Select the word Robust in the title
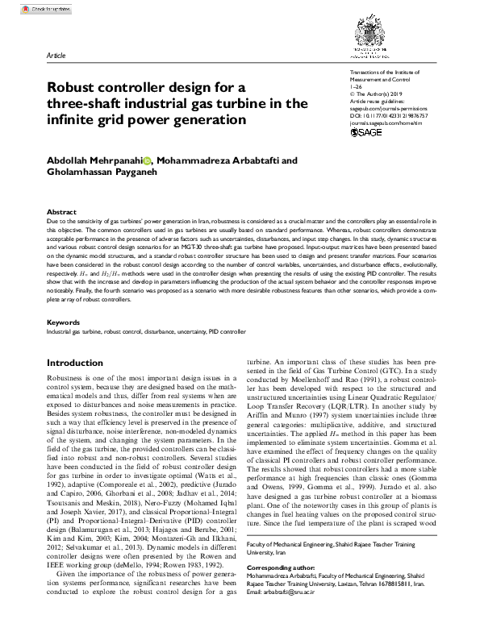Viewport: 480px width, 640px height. [x=73, y=87]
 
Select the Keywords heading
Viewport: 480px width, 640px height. [x=64, y=322]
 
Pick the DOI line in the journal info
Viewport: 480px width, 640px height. [x=389, y=115]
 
